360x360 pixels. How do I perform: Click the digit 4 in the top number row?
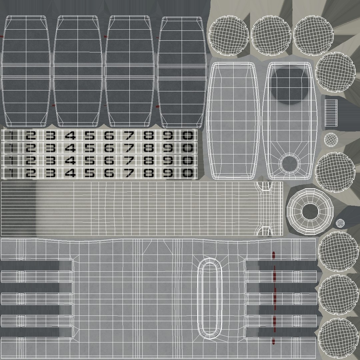click(70, 136)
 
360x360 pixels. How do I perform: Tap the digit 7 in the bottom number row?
click(129, 173)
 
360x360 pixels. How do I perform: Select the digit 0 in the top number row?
click(188, 136)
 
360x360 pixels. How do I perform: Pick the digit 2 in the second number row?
click(31, 148)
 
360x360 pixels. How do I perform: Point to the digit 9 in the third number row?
click(168, 160)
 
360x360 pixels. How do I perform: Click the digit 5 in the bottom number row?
click(90, 173)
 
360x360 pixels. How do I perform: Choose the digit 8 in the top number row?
click(149, 136)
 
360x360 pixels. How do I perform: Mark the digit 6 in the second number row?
click(109, 148)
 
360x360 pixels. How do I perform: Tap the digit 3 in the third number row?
click(51, 160)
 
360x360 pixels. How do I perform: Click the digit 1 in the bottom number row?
click(11, 173)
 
